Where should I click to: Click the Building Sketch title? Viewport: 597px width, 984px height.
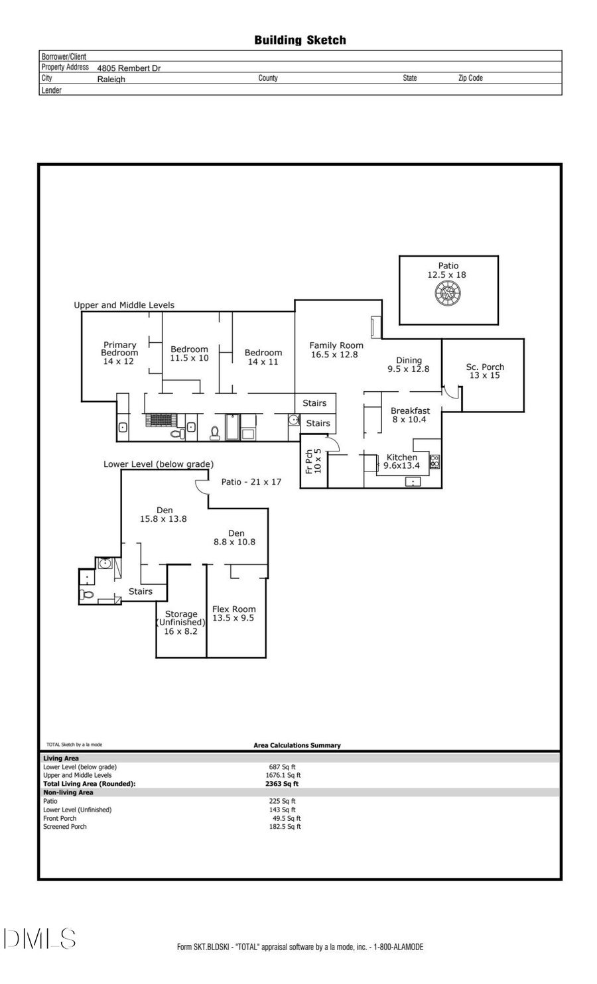[300, 40]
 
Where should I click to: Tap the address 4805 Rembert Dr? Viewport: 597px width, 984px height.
[129, 68]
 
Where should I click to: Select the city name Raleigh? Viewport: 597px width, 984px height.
[111, 79]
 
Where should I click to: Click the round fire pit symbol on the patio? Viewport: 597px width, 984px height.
[448, 293]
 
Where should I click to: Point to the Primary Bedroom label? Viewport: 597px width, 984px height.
[119, 353]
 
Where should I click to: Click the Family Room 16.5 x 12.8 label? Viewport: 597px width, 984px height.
[336, 349]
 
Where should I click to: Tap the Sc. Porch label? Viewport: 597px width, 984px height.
[485, 371]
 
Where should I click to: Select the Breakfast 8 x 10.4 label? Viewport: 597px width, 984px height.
[410, 415]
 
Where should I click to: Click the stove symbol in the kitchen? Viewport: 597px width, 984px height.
[434, 461]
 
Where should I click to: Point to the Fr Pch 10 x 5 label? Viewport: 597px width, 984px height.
[313, 461]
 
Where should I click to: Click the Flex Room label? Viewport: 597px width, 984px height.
[233, 613]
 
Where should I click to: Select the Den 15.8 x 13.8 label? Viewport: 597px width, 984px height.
[163, 515]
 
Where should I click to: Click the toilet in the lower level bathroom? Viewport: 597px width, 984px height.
[87, 594]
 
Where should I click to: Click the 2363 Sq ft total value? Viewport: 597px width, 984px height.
[282, 784]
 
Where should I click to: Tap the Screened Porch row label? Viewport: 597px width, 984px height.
[65, 827]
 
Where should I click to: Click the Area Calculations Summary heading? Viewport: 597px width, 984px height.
[297, 745]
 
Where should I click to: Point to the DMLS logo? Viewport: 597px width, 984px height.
[40, 938]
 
